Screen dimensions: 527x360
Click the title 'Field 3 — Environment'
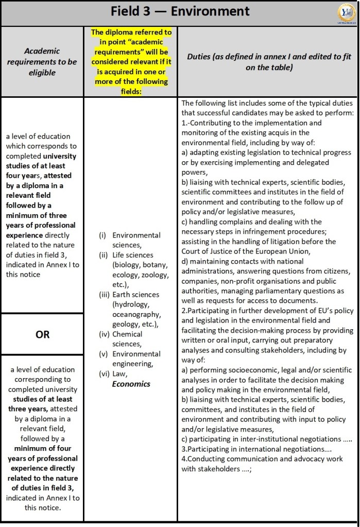click(x=180, y=11)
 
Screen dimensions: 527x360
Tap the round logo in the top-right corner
click(x=345, y=12)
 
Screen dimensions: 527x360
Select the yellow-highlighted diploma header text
click(x=131, y=61)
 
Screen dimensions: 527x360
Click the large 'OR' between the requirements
click(x=42, y=334)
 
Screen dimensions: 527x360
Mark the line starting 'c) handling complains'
click(x=251, y=222)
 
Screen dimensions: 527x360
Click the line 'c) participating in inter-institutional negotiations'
click(x=266, y=439)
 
